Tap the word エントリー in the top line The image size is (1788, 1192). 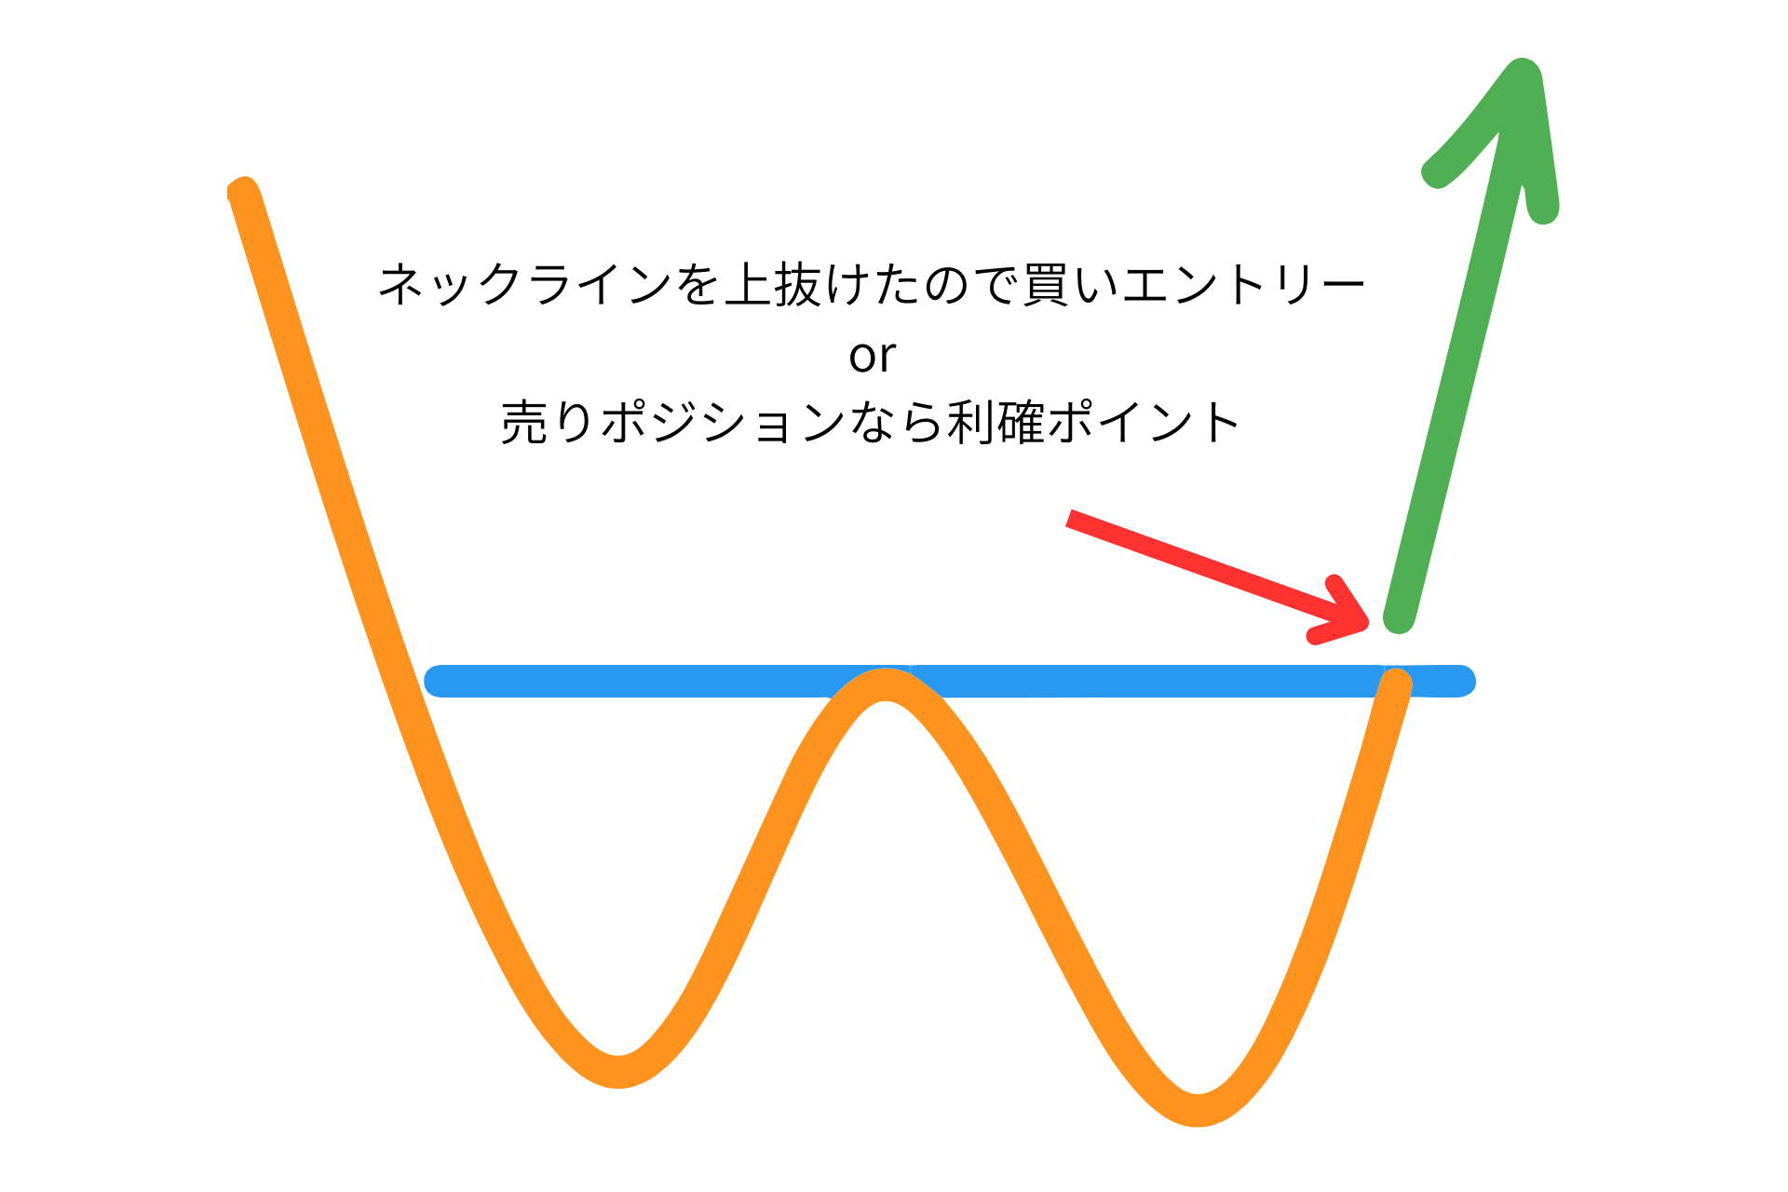pos(1244,284)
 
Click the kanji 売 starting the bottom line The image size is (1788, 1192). pos(525,422)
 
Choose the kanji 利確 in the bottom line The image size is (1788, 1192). pos(996,422)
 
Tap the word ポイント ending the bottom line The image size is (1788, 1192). pos(1144,422)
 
